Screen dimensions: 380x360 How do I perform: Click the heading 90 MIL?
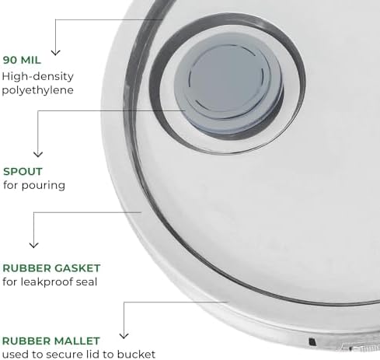coord(22,60)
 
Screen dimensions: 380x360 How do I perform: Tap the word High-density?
coord(38,77)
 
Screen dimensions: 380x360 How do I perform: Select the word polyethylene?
coord(38,90)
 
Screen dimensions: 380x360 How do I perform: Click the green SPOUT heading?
coord(23,172)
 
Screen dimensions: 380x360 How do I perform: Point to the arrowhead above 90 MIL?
coord(55,53)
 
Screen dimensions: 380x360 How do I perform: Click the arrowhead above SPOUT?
coord(38,154)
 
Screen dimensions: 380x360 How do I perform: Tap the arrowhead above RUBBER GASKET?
coord(34,245)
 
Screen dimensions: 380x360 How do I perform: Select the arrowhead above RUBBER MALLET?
coord(124,336)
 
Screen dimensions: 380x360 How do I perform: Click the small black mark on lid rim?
coord(312,341)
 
